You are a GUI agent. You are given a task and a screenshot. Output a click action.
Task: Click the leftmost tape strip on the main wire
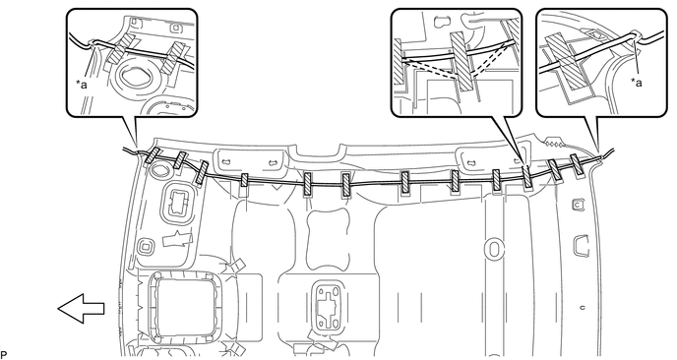pos(153,159)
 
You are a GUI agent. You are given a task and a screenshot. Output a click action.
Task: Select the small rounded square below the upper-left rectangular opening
pos(147,244)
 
